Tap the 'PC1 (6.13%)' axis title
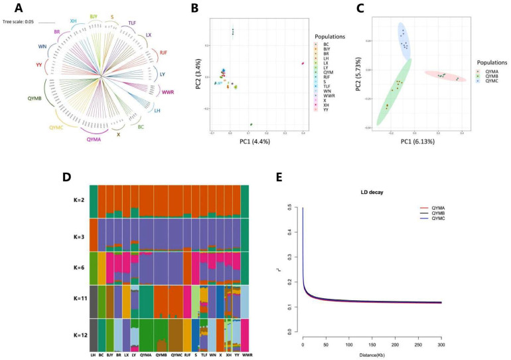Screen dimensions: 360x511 point(422,141)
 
